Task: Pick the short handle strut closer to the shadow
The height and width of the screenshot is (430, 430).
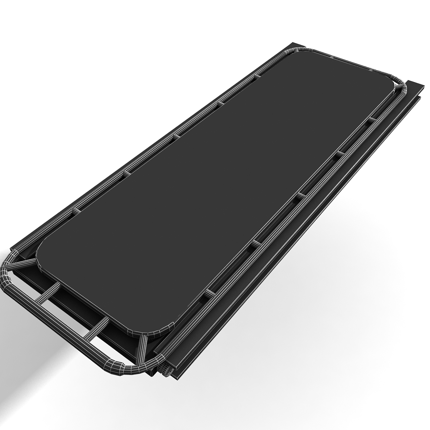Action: coord(47,294)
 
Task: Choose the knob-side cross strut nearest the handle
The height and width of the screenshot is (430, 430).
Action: coord(212,292)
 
